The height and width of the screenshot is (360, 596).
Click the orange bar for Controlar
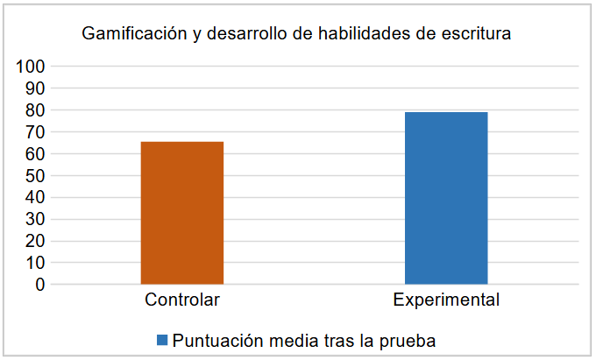(x=182, y=213)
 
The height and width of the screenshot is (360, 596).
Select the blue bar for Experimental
(x=446, y=198)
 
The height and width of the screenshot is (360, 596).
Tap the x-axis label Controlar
(x=182, y=300)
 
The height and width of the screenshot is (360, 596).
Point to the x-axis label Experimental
(x=446, y=300)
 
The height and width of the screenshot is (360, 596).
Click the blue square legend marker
(x=162, y=340)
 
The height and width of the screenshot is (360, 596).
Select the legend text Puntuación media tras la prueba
(x=303, y=340)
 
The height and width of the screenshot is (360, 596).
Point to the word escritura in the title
(x=473, y=35)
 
